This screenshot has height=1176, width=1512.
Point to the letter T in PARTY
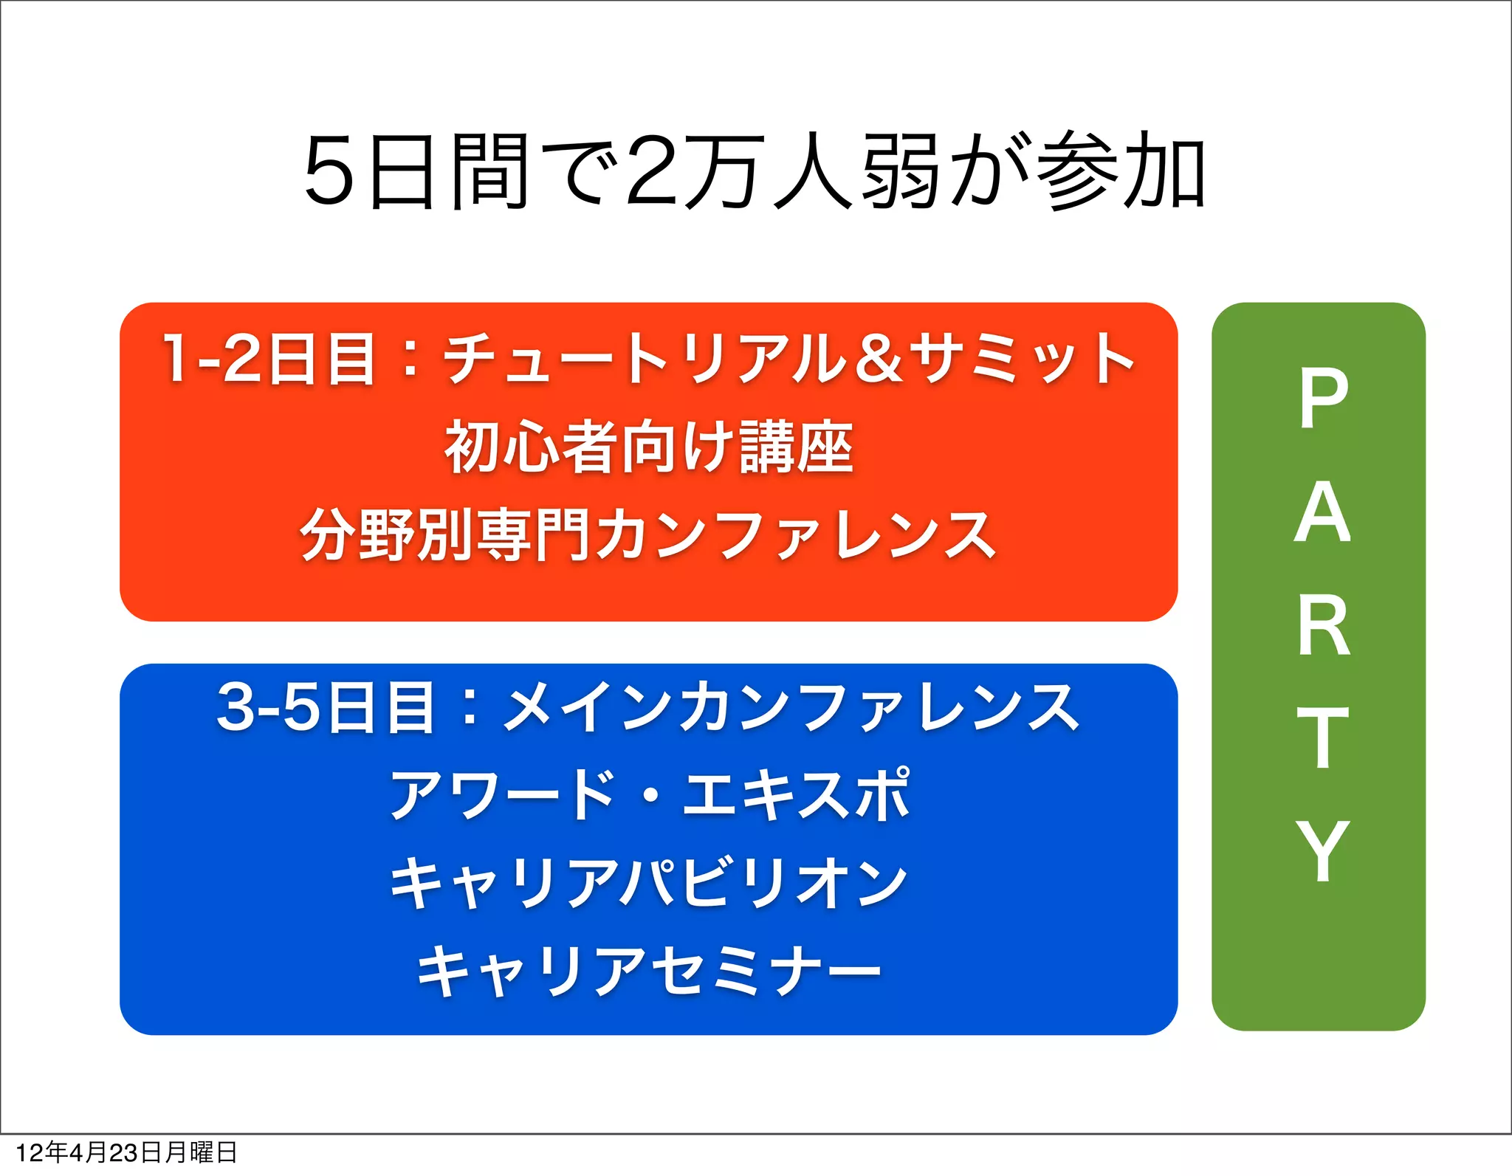click(x=1322, y=738)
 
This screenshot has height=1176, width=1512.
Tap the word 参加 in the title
click(x=1121, y=171)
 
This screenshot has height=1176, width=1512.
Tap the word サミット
click(x=1023, y=359)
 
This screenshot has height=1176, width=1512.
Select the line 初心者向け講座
click(x=648, y=447)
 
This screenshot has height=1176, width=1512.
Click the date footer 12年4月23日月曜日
click(x=126, y=1152)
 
